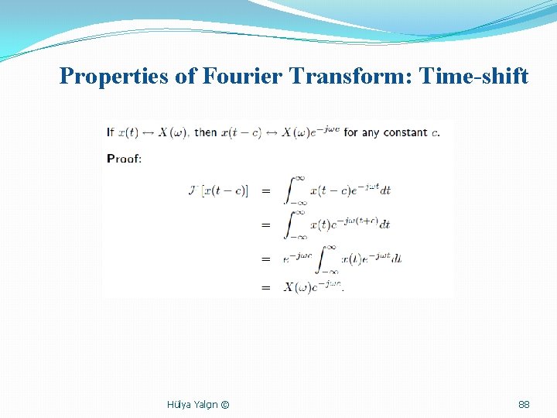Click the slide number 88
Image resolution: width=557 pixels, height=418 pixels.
524,404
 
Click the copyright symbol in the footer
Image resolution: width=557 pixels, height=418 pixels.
224,404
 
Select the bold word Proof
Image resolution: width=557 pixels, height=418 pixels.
124,159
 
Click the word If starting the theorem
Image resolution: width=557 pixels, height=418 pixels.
111,132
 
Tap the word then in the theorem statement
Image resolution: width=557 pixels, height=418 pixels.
206,132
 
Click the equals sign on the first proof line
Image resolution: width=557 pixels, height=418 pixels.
266,190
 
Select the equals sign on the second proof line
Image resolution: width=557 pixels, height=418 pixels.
266,224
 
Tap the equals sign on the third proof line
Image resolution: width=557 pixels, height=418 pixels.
266,259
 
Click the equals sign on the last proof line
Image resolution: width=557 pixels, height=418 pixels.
266,287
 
